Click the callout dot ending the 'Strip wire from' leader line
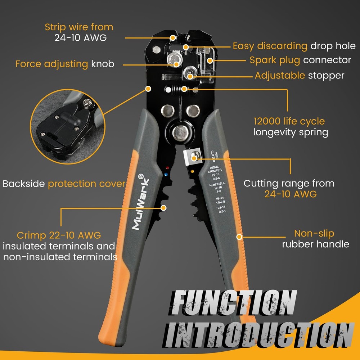point(173,38)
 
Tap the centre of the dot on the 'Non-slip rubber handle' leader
point(239,237)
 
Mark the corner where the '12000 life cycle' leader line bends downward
point(287,89)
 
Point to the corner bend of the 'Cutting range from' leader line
point(290,159)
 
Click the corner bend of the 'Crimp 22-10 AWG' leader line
point(61,208)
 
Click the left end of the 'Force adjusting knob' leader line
point(123,65)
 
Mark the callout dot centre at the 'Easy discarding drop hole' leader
point(186,47)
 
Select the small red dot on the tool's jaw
point(167,168)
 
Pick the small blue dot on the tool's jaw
point(166,175)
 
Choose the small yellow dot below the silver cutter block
point(192,171)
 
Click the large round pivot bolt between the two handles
point(180,133)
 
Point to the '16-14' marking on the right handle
point(220,198)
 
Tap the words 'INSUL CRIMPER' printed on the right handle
point(215,169)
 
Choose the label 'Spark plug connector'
point(300,60)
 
